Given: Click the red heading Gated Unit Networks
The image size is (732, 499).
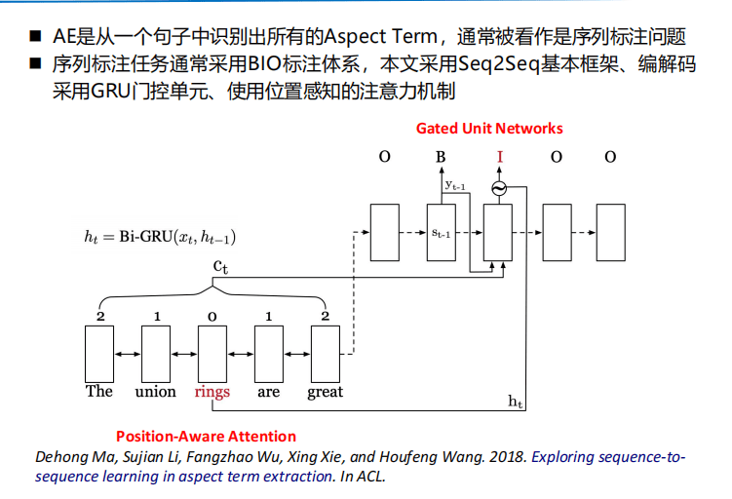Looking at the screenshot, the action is click(489, 129).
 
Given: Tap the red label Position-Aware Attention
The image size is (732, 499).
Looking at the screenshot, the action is click(206, 436).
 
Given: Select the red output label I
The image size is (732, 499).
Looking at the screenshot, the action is click(500, 157).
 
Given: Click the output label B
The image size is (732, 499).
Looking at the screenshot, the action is click(441, 157).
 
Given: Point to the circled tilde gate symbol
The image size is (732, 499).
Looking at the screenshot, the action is click(499, 188).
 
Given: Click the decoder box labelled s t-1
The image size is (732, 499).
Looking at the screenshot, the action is click(442, 233).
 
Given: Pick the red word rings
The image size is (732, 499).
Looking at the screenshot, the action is click(212, 392).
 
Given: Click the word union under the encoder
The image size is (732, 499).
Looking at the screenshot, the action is click(155, 391).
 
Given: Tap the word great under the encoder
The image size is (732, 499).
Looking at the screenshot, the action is click(325, 392).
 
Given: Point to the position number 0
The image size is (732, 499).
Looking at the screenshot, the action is click(212, 317).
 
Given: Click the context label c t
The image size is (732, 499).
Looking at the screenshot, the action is click(220, 266).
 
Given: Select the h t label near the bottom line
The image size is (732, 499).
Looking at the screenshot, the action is click(515, 401).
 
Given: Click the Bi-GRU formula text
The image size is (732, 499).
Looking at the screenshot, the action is click(160, 237).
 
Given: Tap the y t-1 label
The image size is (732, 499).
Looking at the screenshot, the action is click(455, 185).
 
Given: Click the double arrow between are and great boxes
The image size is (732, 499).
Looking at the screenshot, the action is click(297, 355).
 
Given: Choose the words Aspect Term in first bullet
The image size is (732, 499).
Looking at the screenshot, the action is click(380, 36).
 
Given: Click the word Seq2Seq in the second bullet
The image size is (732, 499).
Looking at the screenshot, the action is click(499, 64).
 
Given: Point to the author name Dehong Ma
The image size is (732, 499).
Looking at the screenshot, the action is click(74, 456).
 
